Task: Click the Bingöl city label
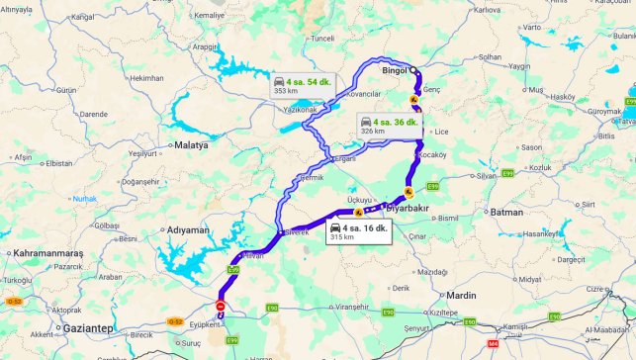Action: (x=396, y=71)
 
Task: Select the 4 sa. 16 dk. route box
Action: (x=360, y=231)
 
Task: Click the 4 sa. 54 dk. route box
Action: (x=301, y=84)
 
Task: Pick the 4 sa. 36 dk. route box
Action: (x=389, y=126)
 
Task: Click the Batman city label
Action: (x=506, y=212)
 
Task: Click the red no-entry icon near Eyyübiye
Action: (x=221, y=306)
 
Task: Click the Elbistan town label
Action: (x=59, y=163)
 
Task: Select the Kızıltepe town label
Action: (x=444, y=312)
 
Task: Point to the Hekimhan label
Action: (x=146, y=78)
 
